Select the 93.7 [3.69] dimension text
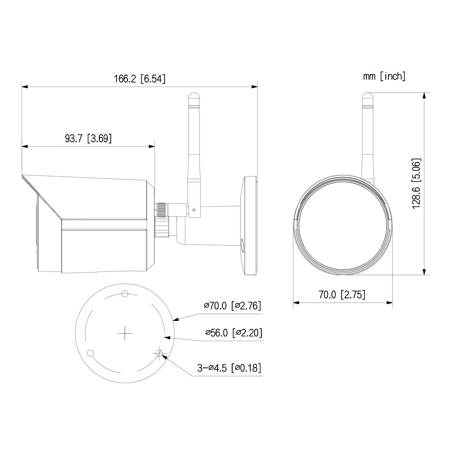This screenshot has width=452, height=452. [88, 138]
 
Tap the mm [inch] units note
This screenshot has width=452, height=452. [384, 76]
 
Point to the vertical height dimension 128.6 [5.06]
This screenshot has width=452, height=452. [417, 183]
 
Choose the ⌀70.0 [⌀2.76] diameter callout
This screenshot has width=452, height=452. [233, 305]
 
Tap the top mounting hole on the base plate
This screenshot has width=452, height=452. [125, 294]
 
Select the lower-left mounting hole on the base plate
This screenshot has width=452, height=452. [91, 353]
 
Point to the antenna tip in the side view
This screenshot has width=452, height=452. [193, 95]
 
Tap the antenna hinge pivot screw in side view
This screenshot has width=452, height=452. [193, 210]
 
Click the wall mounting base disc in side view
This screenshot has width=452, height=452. [249, 226]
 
